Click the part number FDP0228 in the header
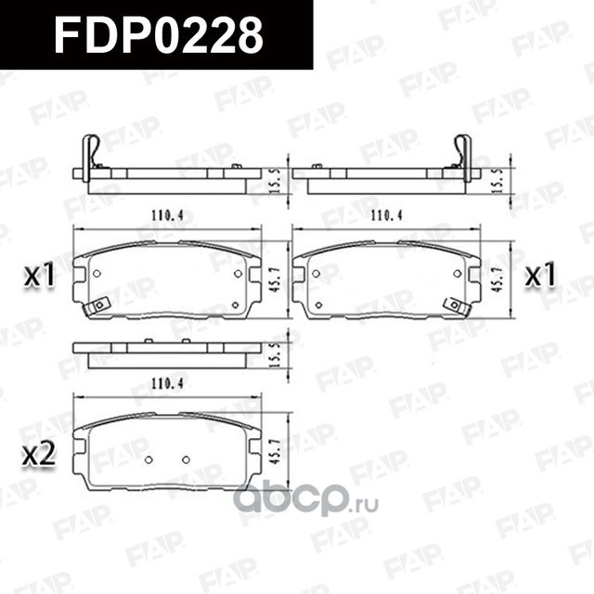[158, 35]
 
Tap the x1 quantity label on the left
[40, 276]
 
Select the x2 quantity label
[39, 455]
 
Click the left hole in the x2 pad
[148, 459]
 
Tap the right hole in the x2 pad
[186, 459]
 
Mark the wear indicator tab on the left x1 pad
[97, 305]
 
